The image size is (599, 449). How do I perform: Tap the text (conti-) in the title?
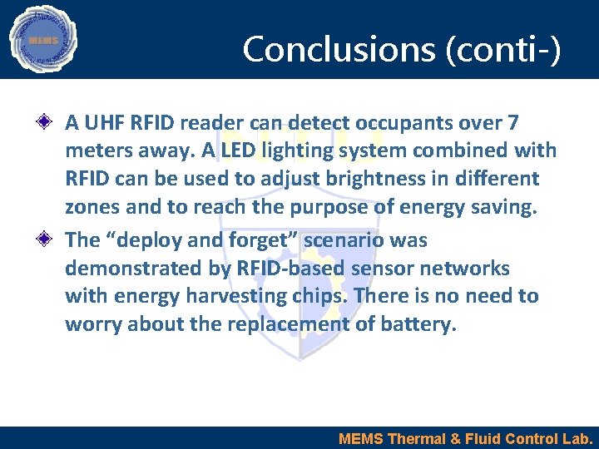click(x=504, y=49)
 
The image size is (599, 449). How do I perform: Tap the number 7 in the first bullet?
click(x=513, y=123)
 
